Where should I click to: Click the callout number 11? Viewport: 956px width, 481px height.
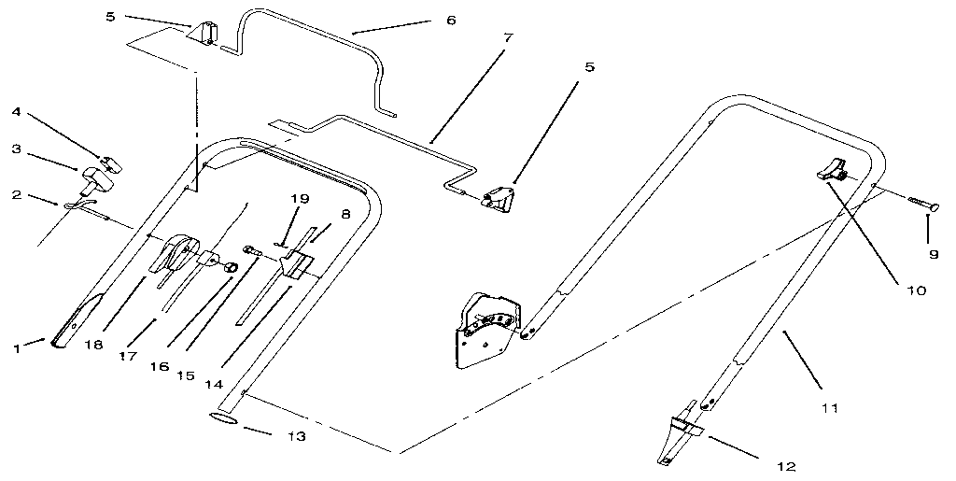[828, 407]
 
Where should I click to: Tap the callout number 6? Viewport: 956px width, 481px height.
[451, 20]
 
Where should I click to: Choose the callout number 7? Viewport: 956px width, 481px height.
[507, 39]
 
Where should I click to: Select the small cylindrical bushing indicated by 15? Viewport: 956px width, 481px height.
[227, 268]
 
